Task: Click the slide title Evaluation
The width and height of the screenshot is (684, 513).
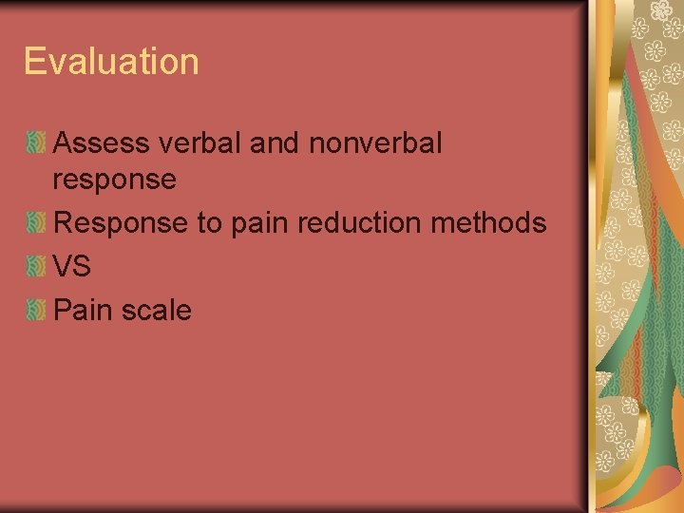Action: [x=111, y=62]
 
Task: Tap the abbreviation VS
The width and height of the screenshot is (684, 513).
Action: [x=72, y=267]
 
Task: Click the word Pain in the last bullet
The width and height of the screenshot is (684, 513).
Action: [x=81, y=310]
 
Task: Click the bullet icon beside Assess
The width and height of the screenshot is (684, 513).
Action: [x=35, y=144]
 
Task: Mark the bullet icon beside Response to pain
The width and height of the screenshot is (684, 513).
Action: [x=35, y=224]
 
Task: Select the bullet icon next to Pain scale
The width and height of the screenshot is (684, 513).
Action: [x=35, y=310]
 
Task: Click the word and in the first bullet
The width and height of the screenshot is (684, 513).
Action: [x=275, y=143]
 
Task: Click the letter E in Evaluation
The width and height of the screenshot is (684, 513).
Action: [x=34, y=62]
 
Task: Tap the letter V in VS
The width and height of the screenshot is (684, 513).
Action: [x=64, y=267]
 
